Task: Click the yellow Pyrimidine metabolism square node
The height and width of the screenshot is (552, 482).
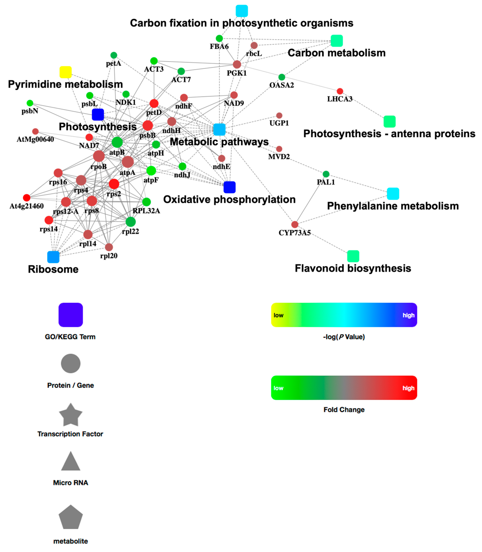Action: (x=65, y=72)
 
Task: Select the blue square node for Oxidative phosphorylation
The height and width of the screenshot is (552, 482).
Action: (x=229, y=187)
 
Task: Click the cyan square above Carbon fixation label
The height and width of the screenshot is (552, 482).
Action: (x=242, y=11)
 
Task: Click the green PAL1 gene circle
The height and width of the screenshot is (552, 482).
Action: (x=326, y=174)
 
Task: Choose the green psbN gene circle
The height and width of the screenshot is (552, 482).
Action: (x=30, y=103)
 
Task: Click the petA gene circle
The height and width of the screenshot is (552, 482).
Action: (x=114, y=55)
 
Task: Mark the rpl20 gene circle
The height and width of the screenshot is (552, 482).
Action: (x=109, y=247)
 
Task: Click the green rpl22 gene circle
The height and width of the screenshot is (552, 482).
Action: (x=130, y=222)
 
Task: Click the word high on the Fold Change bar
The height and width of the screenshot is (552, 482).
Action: (x=408, y=388)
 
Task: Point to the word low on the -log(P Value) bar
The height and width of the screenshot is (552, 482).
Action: (x=278, y=315)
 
